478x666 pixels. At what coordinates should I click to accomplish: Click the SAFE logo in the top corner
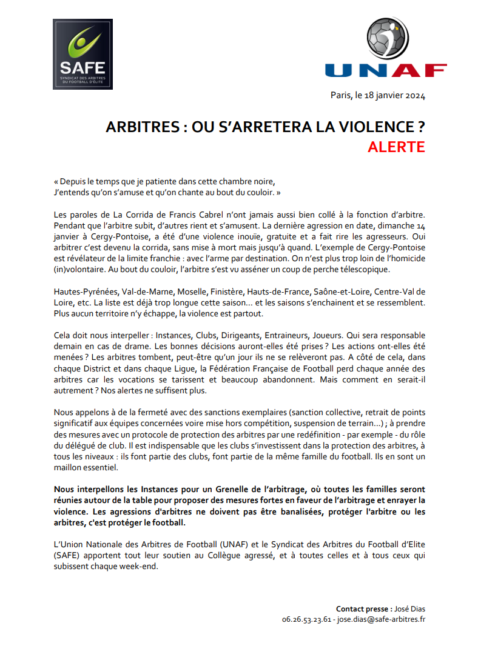pos(82,54)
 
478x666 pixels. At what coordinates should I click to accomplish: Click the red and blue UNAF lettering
pos(385,70)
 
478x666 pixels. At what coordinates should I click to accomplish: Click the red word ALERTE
pos(396,147)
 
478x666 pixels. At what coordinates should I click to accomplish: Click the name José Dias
pos(410,608)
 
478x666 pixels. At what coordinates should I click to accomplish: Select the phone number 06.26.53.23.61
pos(306,619)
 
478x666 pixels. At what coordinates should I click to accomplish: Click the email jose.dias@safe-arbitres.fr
pos(381,619)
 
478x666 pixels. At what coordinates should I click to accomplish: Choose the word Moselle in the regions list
pos(175,291)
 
